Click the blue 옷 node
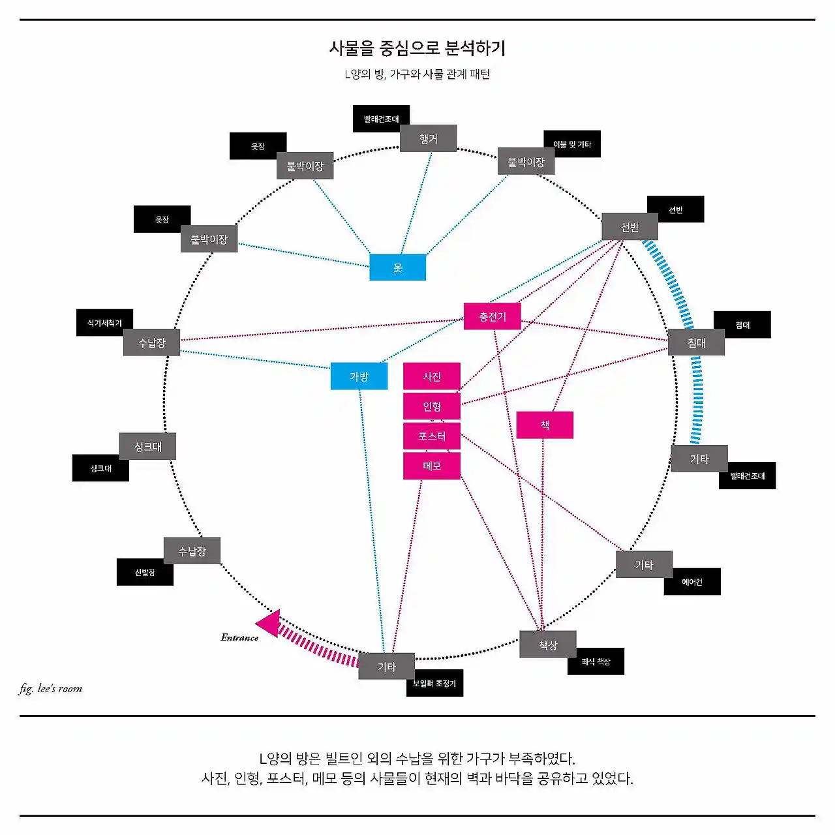pos(397,267)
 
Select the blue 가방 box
pos(359,376)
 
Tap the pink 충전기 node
pos(492,316)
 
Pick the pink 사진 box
pos(432,376)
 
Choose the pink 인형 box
pos(432,406)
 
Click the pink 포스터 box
pos(432,436)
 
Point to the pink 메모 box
pos(432,466)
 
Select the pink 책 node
pos(545,425)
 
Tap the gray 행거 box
pos(428,138)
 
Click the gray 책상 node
pos(548,645)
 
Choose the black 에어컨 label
pos(692,582)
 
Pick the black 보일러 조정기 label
pos(434,683)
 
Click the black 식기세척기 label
pos(104,323)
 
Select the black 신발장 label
pos(145,572)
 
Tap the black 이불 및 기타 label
pos(572,144)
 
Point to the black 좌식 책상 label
pos(596,661)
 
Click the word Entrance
pos(239,637)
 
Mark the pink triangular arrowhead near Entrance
pos(269,623)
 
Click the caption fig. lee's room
pos(51,688)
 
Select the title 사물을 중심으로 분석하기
pos(417,48)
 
